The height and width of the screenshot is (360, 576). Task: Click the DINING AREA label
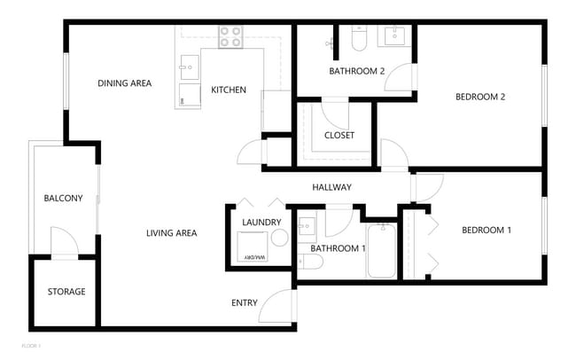point(124,83)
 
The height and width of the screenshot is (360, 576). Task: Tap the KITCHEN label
point(229,90)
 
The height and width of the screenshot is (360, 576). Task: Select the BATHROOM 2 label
point(356,72)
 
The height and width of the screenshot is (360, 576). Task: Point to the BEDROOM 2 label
point(480,98)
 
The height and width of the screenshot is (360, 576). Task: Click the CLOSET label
point(339,136)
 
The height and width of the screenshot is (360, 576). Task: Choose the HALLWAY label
point(332,187)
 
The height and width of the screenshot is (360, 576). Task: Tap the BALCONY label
point(63,199)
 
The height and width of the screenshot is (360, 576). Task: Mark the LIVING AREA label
point(171,233)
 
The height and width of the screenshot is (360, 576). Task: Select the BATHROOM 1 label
point(339,248)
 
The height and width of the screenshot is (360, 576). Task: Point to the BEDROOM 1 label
point(486,231)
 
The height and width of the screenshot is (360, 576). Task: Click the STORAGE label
point(66,292)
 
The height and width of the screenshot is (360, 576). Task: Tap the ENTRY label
point(245,303)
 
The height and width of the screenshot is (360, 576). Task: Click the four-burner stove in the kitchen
point(230,36)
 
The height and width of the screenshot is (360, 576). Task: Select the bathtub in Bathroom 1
point(381,252)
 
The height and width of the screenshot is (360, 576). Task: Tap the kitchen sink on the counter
point(189,65)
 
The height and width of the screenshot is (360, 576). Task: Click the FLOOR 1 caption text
point(31,344)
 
